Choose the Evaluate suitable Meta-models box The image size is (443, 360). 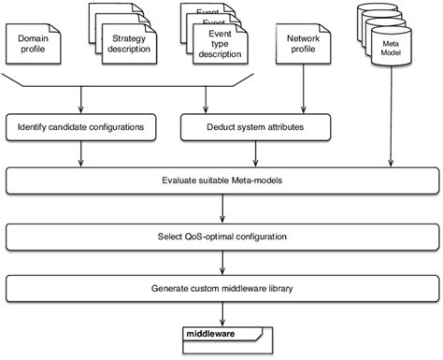(x=221, y=179)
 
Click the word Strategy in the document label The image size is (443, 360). (x=128, y=38)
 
